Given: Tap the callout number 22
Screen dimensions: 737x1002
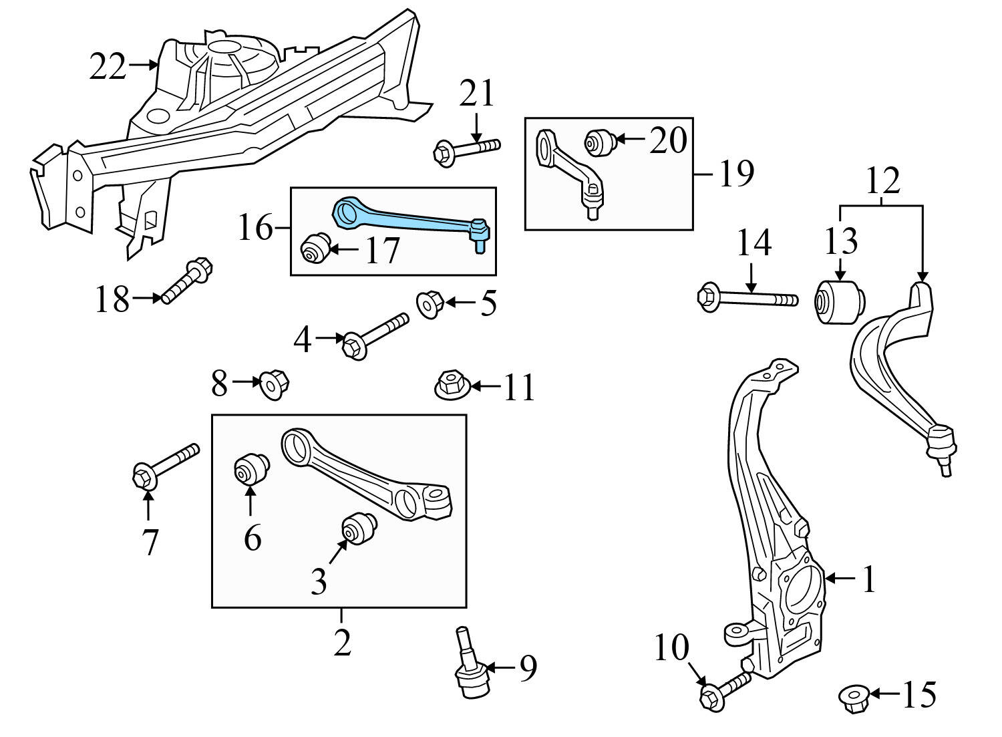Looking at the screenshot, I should point(108,67).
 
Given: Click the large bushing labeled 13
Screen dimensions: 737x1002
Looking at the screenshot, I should point(839,303).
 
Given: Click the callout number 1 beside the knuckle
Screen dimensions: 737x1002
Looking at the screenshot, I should point(868,579).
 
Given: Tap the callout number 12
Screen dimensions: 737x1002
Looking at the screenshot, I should point(883,180).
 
